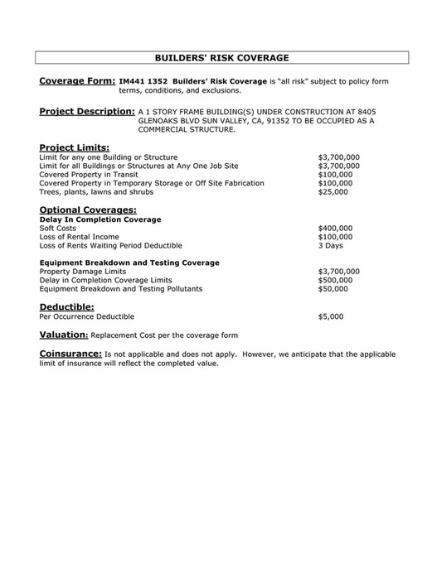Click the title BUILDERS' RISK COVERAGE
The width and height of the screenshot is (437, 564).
(x=221, y=58)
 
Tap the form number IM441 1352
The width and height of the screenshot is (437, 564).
(x=143, y=81)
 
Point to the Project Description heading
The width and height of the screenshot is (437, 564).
(x=87, y=111)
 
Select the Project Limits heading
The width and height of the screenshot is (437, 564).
(x=74, y=147)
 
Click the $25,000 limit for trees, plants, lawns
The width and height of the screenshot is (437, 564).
(x=333, y=191)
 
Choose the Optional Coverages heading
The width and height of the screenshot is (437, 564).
(x=88, y=210)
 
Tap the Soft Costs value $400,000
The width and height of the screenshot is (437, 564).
(x=335, y=228)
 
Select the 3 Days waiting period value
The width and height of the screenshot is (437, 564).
(x=330, y=246)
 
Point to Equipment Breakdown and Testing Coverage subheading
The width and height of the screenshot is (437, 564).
(x=129, y=263)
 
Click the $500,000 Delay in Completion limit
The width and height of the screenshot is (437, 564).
(x=335, y=280)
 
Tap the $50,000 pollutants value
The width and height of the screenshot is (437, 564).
(x=333, y=289)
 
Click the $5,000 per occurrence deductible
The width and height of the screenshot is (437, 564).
(x=330, y=316)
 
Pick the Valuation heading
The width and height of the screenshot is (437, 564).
(x=64, y=335)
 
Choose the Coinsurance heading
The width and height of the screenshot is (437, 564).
(x=71, y=354)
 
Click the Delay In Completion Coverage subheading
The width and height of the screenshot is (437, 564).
(x=100, y=219)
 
